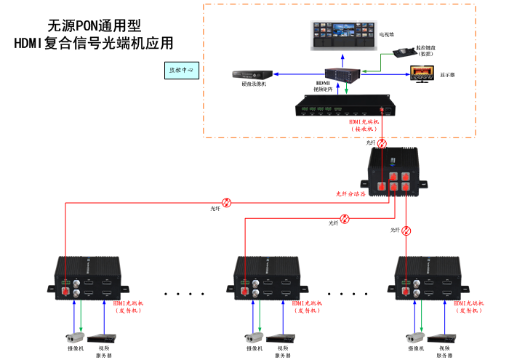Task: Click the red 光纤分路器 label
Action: click(x=350, y=194)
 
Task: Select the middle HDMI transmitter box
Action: click(x=267, y=279)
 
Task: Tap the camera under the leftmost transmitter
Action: click(x=74, y=337)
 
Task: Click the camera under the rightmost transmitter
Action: click(x=415, y=337)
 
